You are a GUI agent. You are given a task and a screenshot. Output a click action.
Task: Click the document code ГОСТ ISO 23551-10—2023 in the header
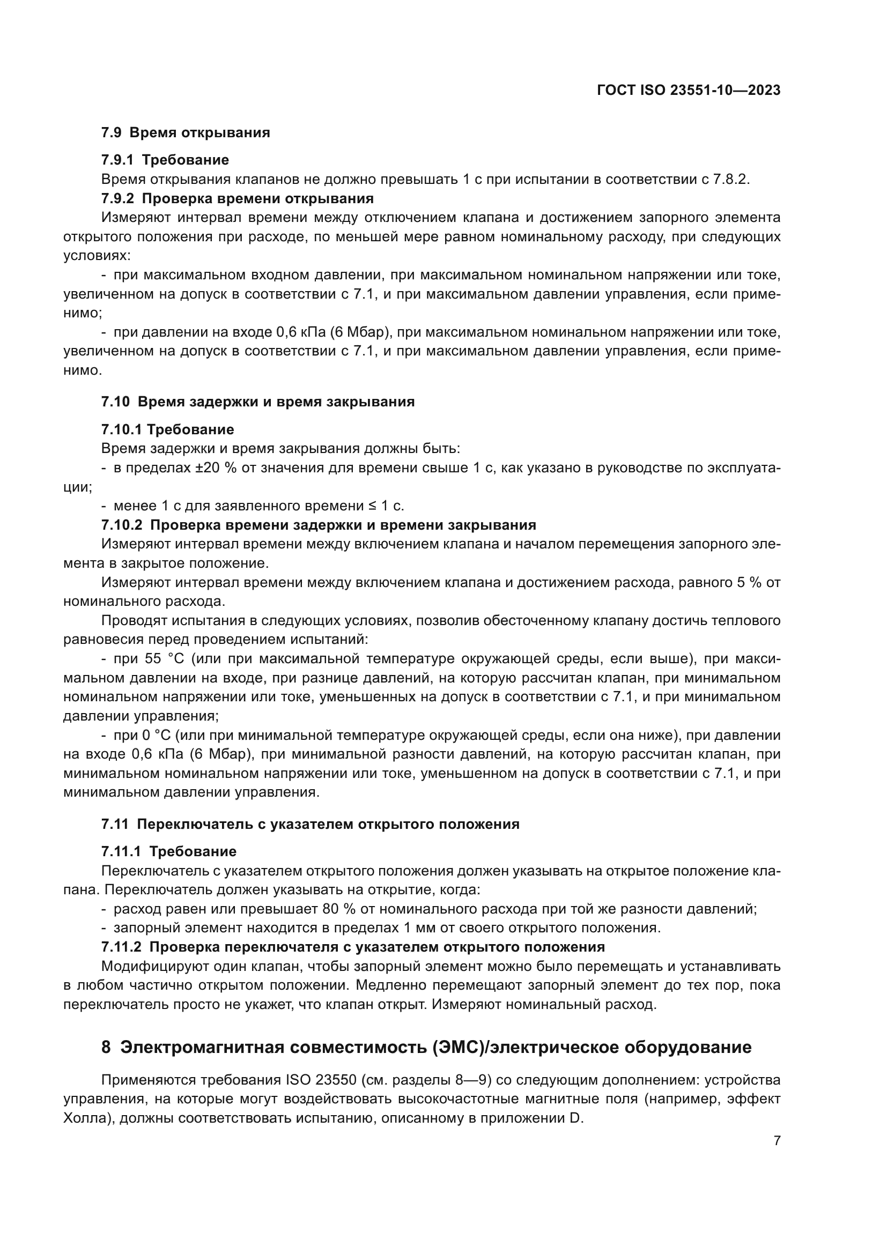[x=688, y=91]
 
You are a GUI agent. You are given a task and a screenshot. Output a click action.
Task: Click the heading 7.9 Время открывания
[x=185, y=133]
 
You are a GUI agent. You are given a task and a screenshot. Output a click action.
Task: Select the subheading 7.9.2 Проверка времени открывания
[x=237, y=198]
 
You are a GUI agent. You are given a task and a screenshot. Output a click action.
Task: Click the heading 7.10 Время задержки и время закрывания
[x=258, y=402]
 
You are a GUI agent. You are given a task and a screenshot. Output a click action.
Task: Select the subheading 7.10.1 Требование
[x=167, y=429]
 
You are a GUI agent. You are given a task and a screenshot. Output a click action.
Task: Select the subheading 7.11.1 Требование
[x=168, y=851]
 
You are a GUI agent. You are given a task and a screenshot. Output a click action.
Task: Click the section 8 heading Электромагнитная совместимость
[x=426, y=1048]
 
